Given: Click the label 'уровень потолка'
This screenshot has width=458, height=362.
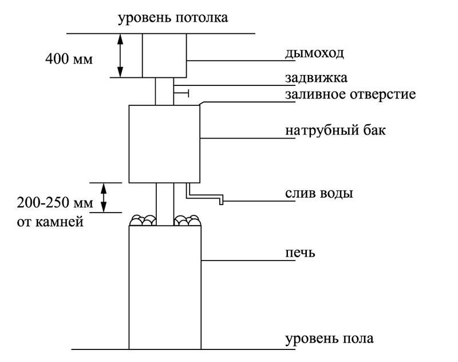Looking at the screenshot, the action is (173, 18).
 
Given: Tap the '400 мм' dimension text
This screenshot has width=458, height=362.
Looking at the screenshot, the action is (69, 59).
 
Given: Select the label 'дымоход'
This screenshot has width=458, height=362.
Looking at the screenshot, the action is (314, 54).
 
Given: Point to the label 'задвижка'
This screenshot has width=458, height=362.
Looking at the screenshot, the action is (317, 78).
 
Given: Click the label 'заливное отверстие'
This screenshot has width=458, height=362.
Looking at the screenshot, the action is (350, 95).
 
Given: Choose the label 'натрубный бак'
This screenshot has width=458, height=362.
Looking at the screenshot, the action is (335, 129).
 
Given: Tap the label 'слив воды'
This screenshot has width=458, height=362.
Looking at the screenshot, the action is (319, 194).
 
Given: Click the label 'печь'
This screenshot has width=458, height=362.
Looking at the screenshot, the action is (300, 253).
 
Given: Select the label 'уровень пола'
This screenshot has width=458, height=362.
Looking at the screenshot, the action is (329, 339).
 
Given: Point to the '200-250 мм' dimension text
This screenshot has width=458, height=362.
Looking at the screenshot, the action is (55, 202).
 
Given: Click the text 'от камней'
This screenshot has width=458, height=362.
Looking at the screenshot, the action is (50, 222).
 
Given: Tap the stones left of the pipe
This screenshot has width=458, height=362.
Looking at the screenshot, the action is (143, 221).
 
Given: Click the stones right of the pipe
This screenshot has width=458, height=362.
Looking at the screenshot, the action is (188, 221).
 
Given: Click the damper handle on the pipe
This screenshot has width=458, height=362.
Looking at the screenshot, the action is (181, 93).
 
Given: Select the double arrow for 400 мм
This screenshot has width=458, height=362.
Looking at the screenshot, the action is (120, 56).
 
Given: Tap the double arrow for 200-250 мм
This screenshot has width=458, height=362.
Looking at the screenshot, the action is (104, 198).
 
